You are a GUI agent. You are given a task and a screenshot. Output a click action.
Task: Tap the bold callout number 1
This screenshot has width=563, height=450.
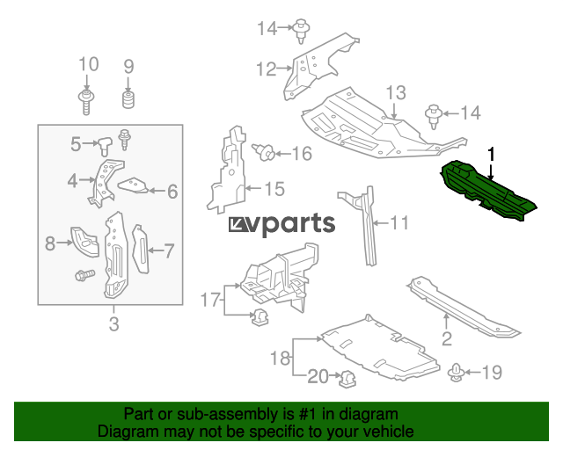(x=491, y=155)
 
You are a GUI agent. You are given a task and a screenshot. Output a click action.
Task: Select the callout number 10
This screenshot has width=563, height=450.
(x=88, y=64)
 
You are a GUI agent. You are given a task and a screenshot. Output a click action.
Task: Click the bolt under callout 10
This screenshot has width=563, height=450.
(x=86, y=102)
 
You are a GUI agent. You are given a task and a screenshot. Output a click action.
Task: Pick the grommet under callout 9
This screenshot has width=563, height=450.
(x=128, y=99)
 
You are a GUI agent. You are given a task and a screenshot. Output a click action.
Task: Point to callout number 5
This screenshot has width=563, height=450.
(x=76, y=144)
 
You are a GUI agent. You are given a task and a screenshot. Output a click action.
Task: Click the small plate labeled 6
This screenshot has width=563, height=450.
(x=133, y=185)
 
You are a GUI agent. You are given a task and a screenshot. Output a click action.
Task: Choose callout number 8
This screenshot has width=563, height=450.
(x=50, y=243)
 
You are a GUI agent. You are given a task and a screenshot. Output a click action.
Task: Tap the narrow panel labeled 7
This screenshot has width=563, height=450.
(x=141, y=249)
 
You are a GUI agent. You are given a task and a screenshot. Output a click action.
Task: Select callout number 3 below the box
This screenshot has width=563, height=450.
(x=113, y=324)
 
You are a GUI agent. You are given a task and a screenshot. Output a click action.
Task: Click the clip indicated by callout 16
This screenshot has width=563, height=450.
(x=264, y=153)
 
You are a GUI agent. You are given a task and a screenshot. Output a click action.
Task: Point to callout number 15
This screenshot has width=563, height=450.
(x=274, y=189)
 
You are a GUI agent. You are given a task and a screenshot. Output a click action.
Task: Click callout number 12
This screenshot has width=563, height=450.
(x=266, y=69)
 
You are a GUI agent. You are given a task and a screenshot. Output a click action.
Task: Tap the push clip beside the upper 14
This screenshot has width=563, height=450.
(x=301, y=30)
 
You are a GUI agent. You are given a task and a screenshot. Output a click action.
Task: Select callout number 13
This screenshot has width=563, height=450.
(x=396, y=92)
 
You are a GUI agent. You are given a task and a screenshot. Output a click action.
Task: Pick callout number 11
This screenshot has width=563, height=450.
(x=398, y=223)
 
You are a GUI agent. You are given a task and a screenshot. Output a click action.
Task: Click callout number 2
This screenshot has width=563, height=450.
(x=447, y=338)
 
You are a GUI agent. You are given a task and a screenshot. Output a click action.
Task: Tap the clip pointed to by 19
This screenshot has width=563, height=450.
(x=456, y=373)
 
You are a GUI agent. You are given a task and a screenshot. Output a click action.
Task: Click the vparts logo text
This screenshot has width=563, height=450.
(x=282, y=224)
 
